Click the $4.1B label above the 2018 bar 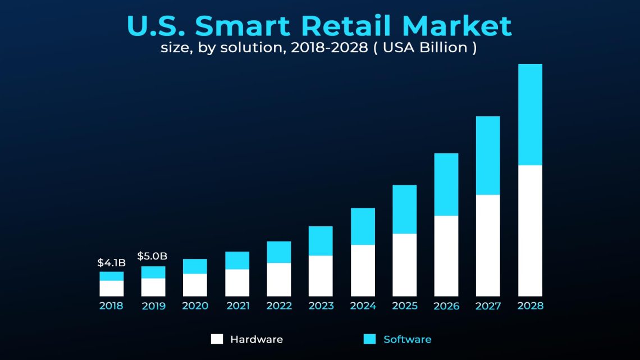coord(111,263)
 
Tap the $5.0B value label coord(152,257)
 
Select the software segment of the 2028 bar coord(530,115)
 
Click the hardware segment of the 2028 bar coord(530,230)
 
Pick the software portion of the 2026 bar coord(446,184)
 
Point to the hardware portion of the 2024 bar coord(363,270)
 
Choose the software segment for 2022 coord(279,252)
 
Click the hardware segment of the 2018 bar coord(111,288)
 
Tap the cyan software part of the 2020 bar coord(195,266)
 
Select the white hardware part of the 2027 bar coord(488,245)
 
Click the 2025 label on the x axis coord(404,306)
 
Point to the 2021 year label coord(237,306)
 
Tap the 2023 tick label coord(321,306)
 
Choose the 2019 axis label coord(153,306)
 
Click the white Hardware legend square coord(217,339)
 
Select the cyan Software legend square coord(369,339)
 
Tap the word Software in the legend coord(407,339)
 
